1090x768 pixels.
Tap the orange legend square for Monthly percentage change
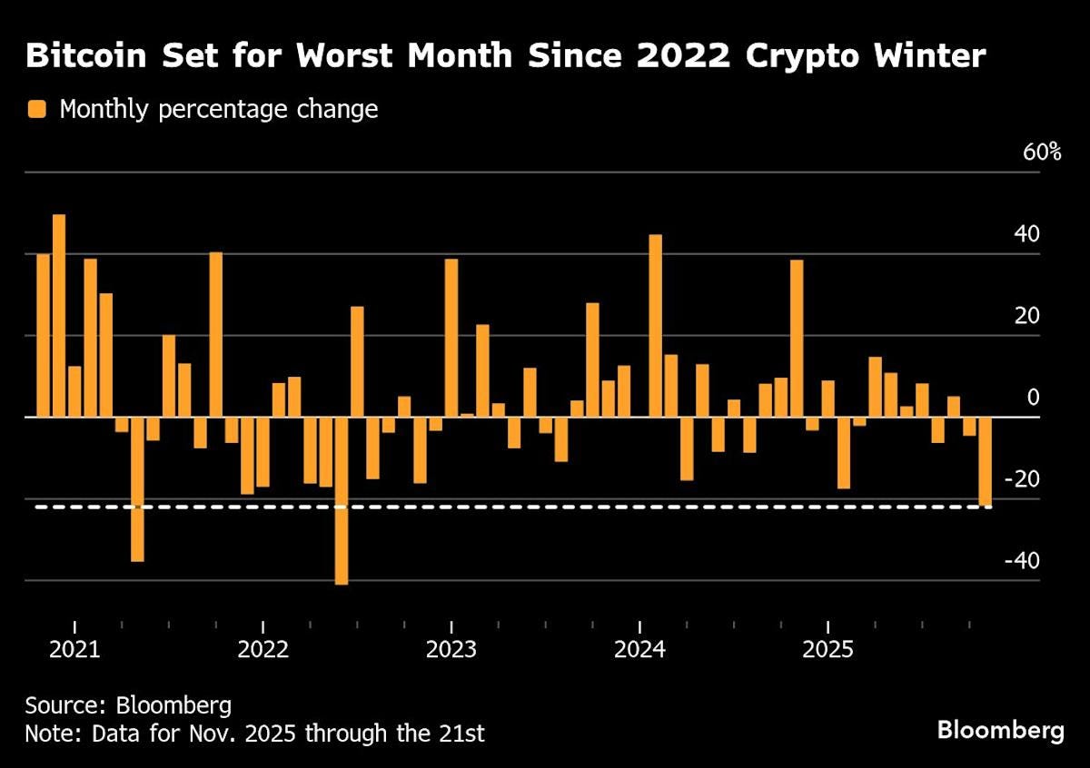[37, 110]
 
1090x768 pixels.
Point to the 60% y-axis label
[1042, 152]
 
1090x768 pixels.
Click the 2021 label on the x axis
[74, 650]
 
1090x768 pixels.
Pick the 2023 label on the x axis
[451, 650]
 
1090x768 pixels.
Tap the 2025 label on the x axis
[827, 650]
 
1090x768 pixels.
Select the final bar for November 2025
[985, 461]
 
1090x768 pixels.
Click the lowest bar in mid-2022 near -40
[342, 499]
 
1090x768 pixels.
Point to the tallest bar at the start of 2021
[59, 316]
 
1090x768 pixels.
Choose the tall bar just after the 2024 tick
[655, 326]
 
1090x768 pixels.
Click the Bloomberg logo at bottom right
[1000, 731]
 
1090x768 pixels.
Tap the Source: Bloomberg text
[115, 705]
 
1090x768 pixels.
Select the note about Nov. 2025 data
[254, 734]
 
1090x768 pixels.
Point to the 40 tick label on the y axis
[1026, 234]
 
